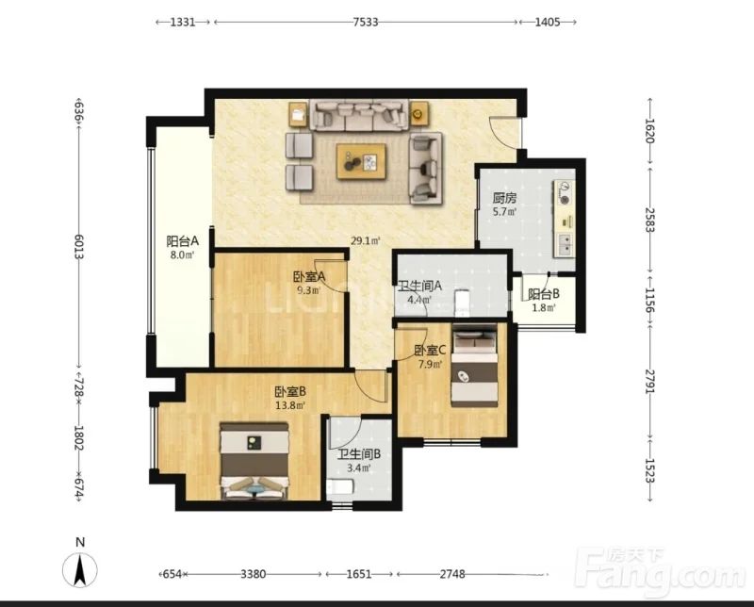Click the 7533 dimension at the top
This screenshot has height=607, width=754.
[x=366, y=22]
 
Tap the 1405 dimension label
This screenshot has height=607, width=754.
[x=548, y=22]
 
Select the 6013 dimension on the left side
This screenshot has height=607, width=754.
[x=79, y=247]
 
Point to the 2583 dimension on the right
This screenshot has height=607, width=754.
[x=649, y=220]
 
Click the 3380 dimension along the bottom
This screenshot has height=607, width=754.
[x=254, y=574]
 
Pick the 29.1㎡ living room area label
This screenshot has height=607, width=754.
[x=366, y=240]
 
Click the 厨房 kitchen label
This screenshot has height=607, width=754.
[x=504, y=198]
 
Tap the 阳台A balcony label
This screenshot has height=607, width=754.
[x=182, y=240]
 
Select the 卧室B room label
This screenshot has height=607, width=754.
[x=290, y=392]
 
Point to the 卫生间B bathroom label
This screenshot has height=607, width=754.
[x=359, y=454]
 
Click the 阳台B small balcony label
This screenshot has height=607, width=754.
[x=544, y=294]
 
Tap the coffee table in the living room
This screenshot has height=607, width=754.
[x=361, y=161]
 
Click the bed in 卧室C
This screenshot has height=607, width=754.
[x=475, y=366]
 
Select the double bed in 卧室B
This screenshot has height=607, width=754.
[x=254, y=461]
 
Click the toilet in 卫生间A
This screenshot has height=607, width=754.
[x=461, y=303]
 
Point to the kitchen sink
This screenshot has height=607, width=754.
[x=565, y=244]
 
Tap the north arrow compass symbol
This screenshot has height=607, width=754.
[x=80, y=569]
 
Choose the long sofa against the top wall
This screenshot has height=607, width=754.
[x=359, y=114]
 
